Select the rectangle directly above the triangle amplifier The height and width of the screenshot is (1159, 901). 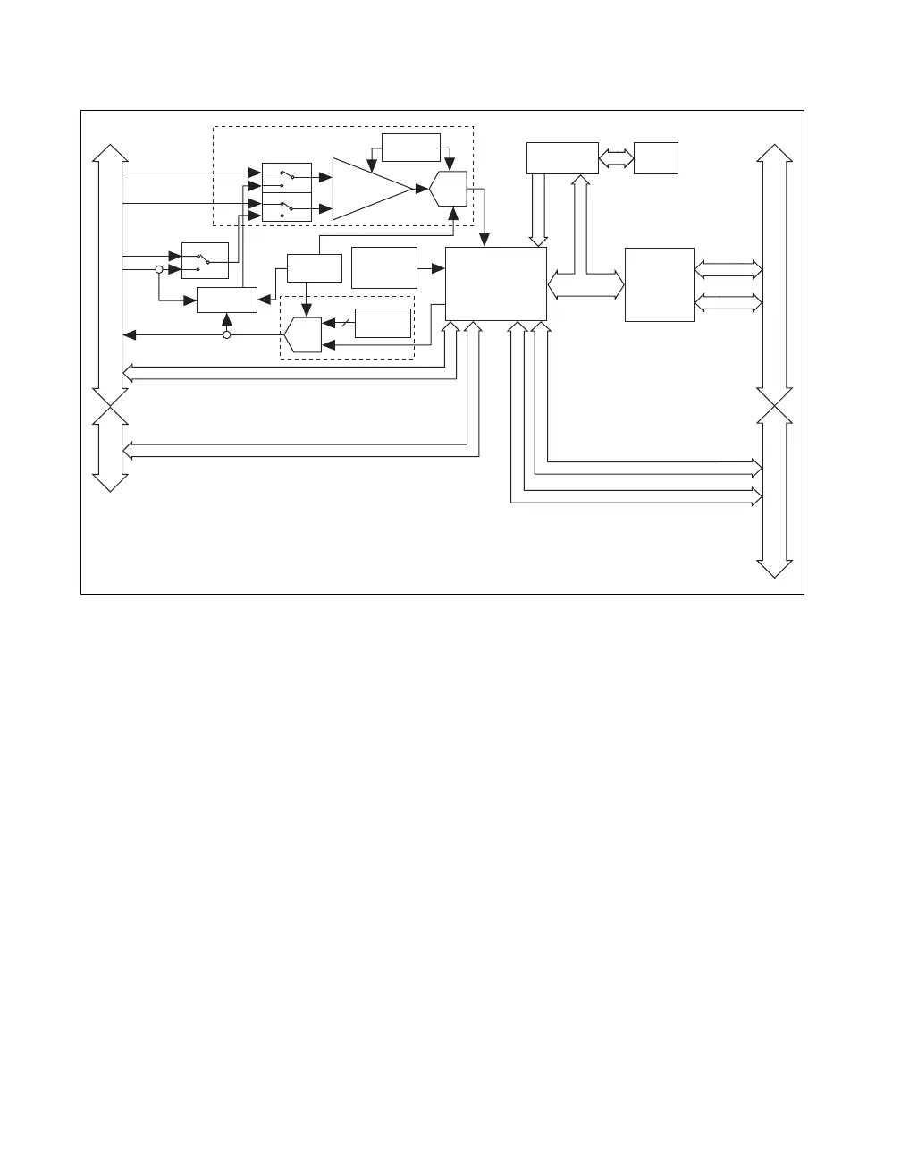tap(410, 148)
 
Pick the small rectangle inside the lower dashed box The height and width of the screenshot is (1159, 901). tap(383, 323)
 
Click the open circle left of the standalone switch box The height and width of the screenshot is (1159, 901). tap(159, 269)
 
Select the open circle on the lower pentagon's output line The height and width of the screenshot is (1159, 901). tap(226, 334)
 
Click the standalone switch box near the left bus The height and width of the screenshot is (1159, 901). tap(205, 260)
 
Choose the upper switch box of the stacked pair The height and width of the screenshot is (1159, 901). tap(286, 177)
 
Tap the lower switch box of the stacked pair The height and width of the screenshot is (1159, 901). tap(286, 207)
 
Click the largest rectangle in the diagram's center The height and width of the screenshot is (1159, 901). tap(495, 283)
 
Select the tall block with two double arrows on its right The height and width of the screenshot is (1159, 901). tap(659, 284)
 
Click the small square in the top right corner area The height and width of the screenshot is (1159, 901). tap(655, 158)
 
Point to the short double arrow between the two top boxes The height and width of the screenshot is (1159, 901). tap(616, 158)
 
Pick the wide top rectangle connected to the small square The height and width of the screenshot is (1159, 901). tap(561, 158)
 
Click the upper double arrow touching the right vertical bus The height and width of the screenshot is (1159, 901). tap(728, 269)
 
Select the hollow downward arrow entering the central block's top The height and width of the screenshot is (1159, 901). tap(537, 210)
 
